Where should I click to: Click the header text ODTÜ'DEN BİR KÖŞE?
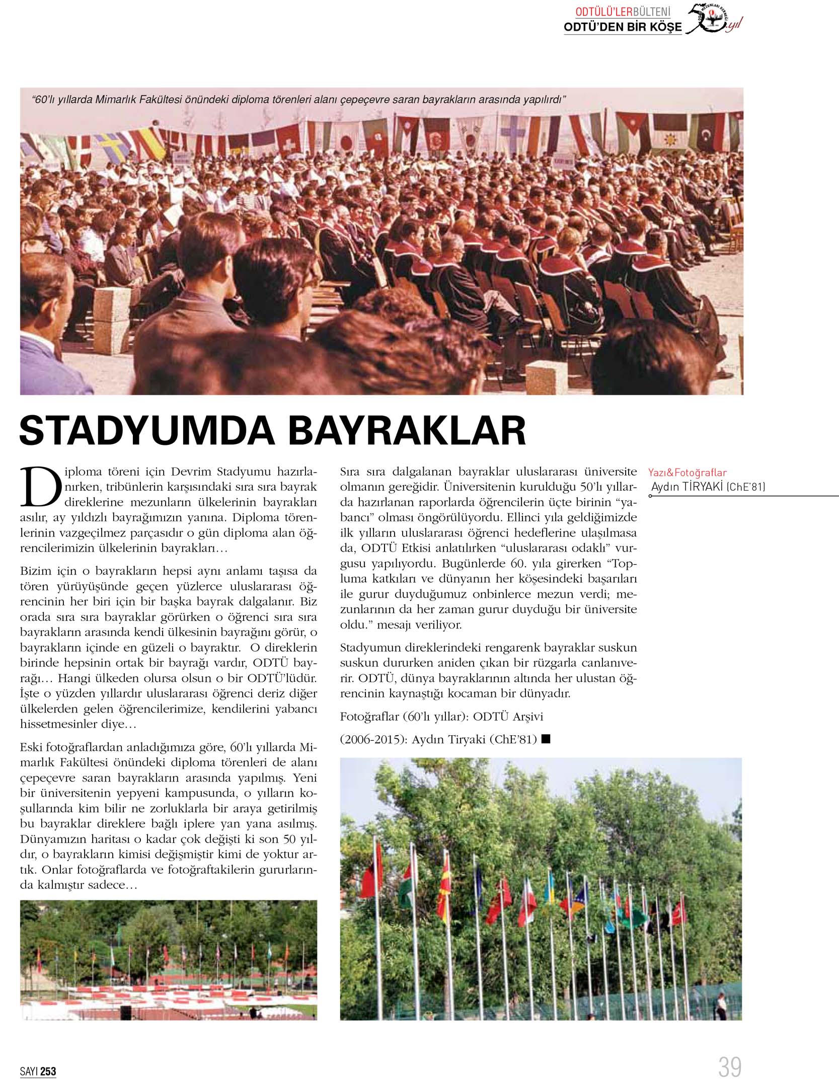623,28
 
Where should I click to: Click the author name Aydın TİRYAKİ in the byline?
688,486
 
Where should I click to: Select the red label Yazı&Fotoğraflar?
687,473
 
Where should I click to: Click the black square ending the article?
547,739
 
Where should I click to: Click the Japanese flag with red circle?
345,141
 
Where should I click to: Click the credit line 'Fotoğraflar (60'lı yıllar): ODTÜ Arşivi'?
441,716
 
